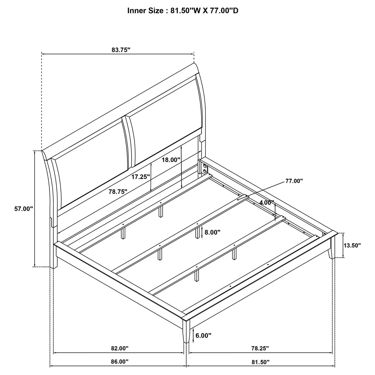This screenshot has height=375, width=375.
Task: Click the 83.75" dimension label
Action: pos(121,50)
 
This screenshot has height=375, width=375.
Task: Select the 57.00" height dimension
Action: pos(23,209)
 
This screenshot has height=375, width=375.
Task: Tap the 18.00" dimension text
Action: pos(171,160)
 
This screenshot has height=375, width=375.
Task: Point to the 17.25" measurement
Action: pos(141,177)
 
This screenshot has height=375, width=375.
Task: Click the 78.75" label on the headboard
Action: pos(118,192)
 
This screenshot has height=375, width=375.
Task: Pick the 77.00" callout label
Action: pos(294,181)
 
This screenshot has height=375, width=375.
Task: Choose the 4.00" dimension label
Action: pos(267,203)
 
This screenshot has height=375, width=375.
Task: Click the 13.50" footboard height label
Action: pos(352,246)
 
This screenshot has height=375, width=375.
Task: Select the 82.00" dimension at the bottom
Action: pos(120,348)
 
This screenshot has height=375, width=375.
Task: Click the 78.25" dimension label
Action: pos(260,348)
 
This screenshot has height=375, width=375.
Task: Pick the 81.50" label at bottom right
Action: pos(261,361)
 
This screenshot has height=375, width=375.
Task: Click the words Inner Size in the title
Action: pos(145,11)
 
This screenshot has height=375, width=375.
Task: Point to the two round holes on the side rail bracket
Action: pos(204,169)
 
